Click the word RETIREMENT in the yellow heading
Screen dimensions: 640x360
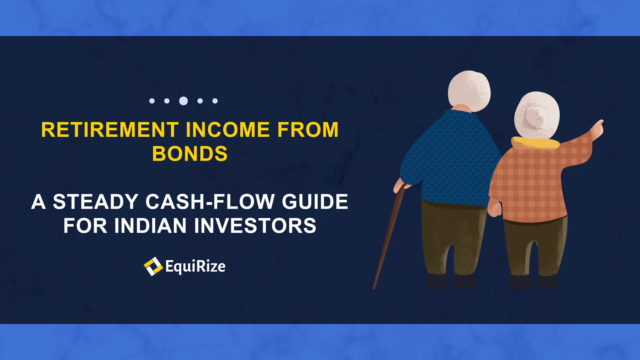tap(110, 130)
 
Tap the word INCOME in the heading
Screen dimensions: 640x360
tap(228, 130)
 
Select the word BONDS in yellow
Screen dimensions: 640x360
tap(190, 154)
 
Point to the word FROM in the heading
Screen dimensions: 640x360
tap(308, 130)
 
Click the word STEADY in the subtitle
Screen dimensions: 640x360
tap(96, 202)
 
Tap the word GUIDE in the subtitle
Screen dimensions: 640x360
tap(315, 202)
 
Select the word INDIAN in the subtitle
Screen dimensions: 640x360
tap(151, 226)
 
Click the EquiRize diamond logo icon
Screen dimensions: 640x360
tap(153, 266)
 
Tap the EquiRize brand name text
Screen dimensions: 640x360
tap(195, 266)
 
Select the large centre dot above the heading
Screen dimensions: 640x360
tap(183, 101)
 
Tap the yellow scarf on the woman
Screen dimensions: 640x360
tap(535, 143)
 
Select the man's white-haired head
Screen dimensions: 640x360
tap(469, 91)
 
